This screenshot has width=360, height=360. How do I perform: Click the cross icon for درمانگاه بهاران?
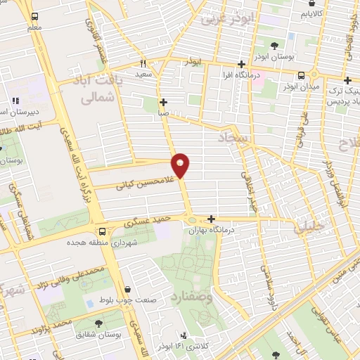(211, 218)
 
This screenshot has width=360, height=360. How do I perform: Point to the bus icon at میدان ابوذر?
(301, 75)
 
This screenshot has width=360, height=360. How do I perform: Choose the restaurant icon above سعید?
(143, 62)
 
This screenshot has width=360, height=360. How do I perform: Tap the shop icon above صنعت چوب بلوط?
(127, 289)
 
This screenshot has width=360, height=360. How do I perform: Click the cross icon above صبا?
(163, 102)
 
